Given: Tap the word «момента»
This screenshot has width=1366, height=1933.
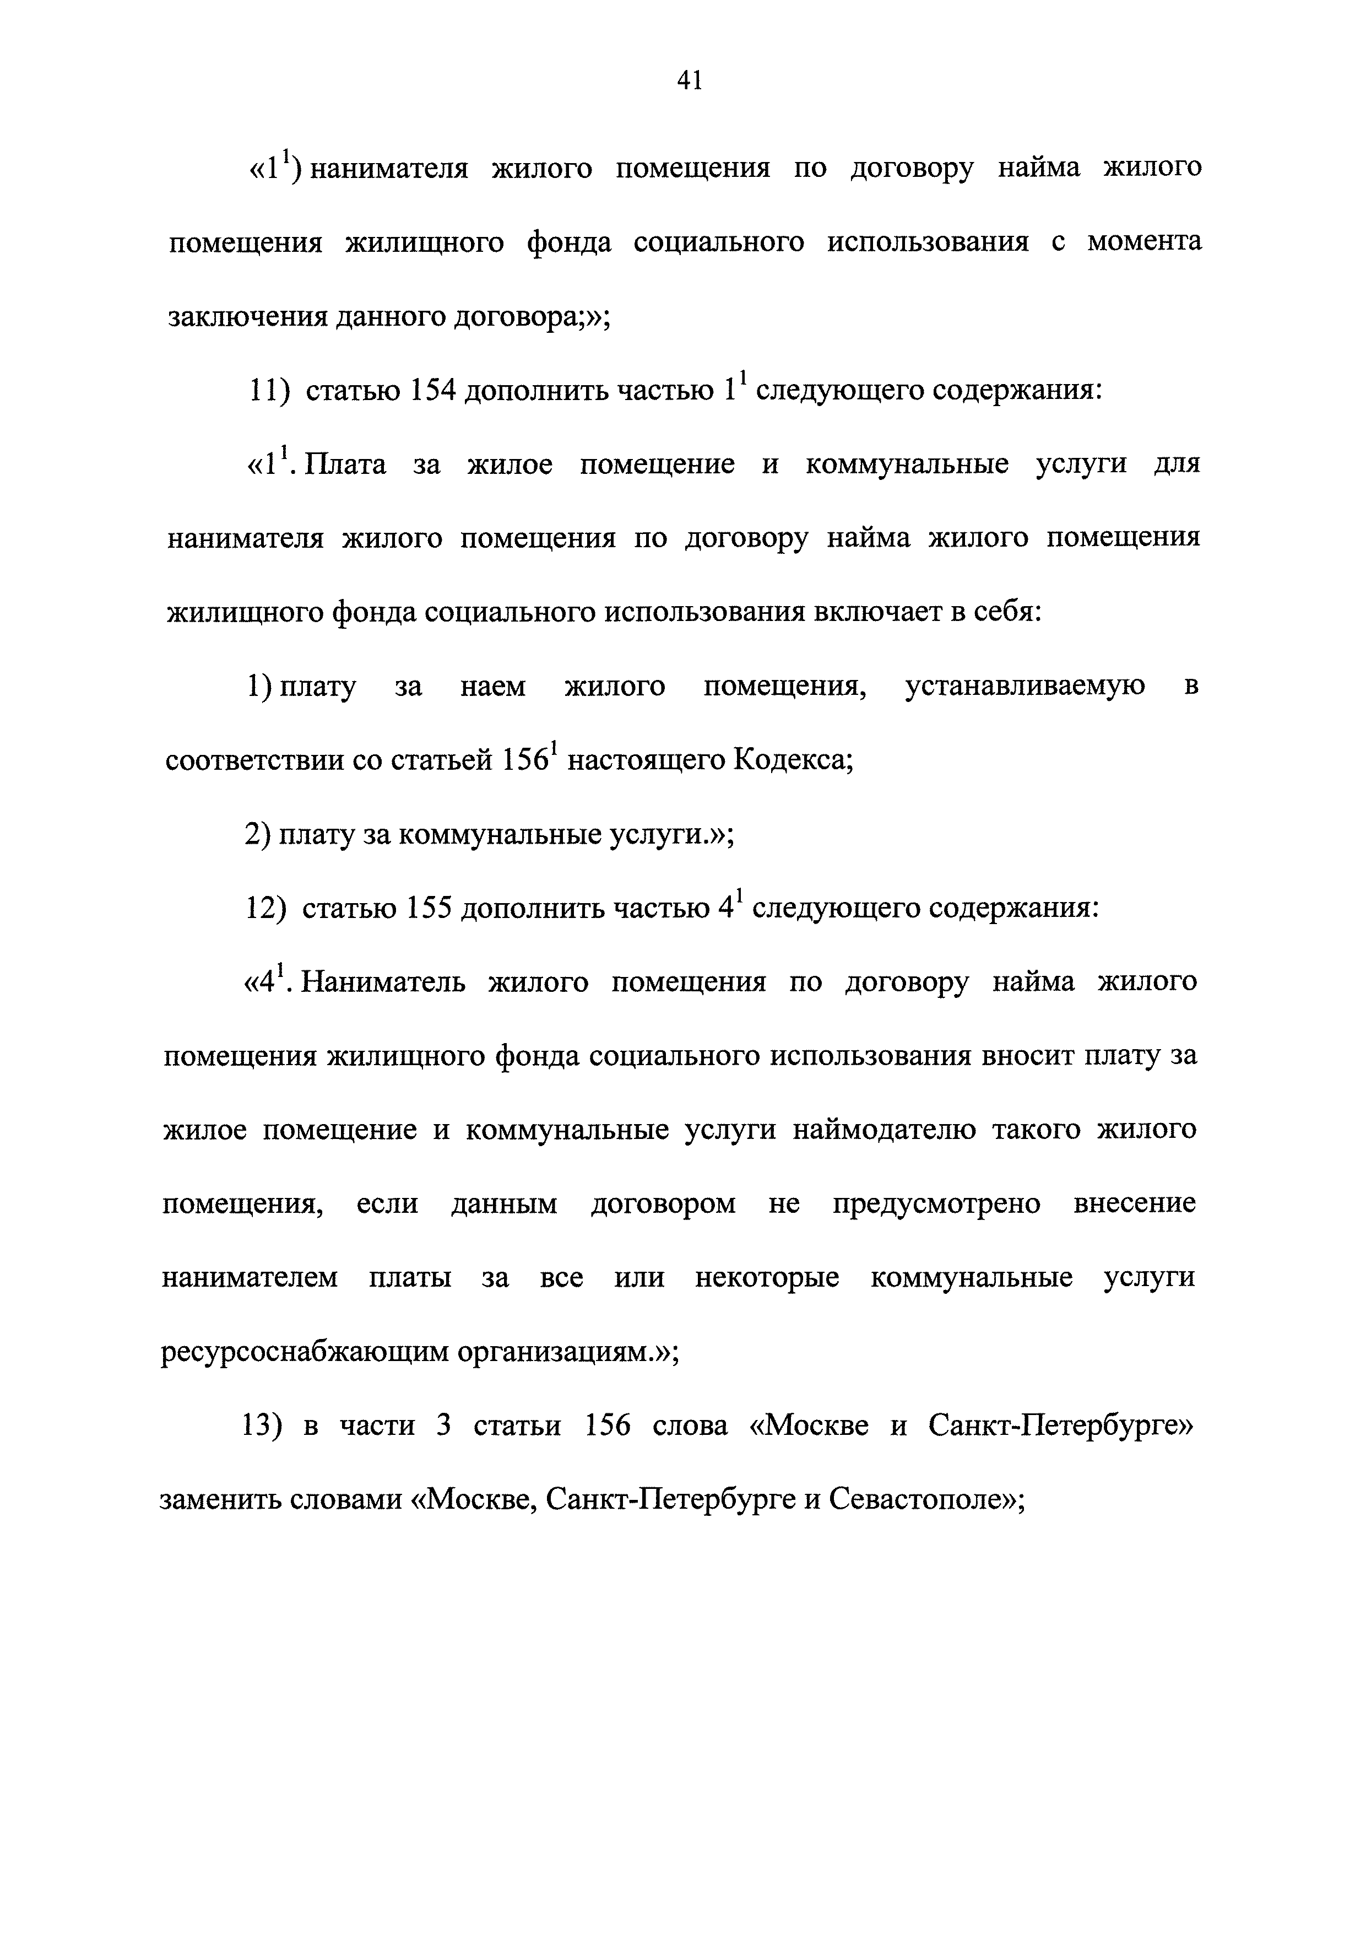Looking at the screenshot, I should pyautogui.click(x=1144, y=242).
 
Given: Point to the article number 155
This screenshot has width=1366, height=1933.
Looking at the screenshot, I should pyautogui.click(x=429, y=909).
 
